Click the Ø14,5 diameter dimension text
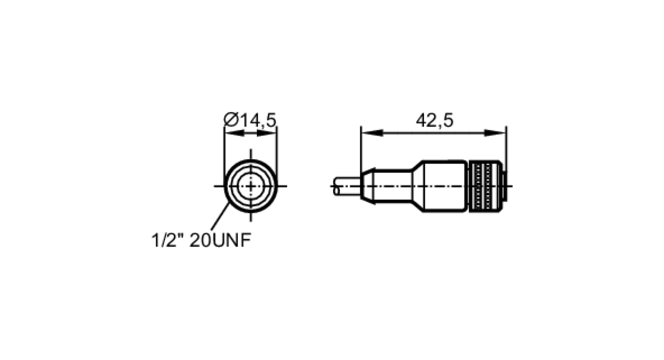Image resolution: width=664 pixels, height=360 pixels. pos(250,120)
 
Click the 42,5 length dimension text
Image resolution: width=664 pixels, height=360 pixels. pos(434,120)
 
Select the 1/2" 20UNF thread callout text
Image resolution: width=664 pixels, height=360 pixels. pos(201,240)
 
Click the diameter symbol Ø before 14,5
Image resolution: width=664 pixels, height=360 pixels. pos(231,120)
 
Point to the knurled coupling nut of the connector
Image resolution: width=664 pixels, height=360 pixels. pos(485,186)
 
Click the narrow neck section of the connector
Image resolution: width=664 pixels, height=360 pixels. pos(393,186)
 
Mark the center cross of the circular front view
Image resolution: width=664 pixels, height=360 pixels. pos(251,186)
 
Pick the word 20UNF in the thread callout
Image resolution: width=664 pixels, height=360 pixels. pos(220,240)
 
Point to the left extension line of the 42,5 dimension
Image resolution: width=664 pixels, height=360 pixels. pos(361,149)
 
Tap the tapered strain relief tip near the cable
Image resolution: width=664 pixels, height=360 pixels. pos(368,186)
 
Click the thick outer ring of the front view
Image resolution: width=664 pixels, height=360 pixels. pos(226,186)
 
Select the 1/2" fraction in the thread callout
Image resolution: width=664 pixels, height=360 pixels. pos(168,240)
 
